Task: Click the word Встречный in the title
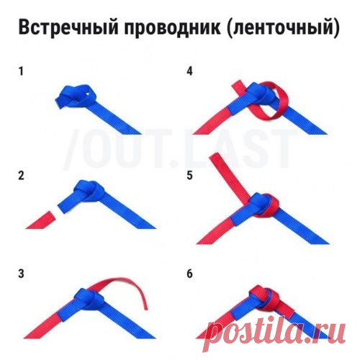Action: point(68,27)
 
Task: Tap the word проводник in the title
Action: point(172,28)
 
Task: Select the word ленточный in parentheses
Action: point(283,28)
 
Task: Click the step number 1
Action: point(21,71)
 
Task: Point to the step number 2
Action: point(21,176)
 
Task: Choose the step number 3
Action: point(21,274)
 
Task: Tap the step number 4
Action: point(189,71)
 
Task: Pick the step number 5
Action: point(189,176)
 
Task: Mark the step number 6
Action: point(189,274)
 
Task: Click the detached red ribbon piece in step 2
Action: point(40,220)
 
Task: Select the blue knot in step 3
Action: point(89,297)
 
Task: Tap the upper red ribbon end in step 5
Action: point(216,156)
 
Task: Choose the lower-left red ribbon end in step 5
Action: point(204,239)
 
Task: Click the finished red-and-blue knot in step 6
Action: point(264,297)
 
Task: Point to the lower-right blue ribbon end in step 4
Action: point(317,130)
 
